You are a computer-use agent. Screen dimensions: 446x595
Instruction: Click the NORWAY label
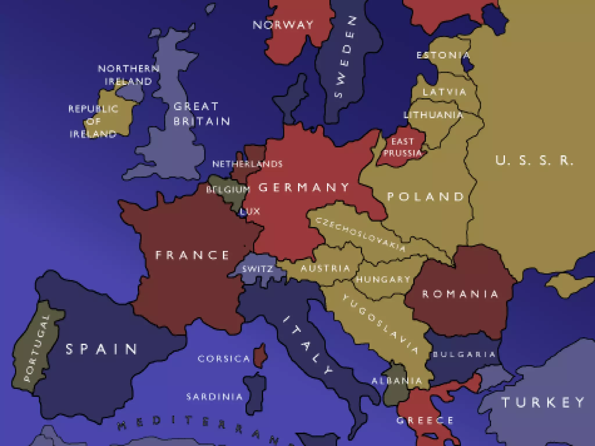[283, 25]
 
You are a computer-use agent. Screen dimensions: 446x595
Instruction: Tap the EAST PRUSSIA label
[402, 147]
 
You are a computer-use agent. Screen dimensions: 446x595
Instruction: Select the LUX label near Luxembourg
[250, 211]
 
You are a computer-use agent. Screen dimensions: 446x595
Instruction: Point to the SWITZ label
[258, 269]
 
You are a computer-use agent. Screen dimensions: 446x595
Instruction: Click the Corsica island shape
[260, 356]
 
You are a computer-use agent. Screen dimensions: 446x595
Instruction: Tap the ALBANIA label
[397, 381]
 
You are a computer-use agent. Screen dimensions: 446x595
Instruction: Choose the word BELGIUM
[228, 190]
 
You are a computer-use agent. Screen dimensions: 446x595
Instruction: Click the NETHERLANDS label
[247, 164]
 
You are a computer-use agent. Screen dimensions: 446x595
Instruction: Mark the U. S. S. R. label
[534, 160]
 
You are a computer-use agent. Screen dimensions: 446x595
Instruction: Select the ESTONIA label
[443, 55]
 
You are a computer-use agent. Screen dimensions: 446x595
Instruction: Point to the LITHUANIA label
[433, 115]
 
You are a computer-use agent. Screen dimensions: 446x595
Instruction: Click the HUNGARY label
[383, 279]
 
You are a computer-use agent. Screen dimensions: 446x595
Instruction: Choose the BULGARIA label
[464, 354]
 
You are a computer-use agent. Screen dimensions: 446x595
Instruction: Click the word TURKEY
[543, 402]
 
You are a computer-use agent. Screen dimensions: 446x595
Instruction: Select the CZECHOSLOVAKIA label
[360, 234]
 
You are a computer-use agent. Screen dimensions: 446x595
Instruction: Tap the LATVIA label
[445, 92]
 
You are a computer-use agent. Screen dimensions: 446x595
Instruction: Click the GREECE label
[425, 420]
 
